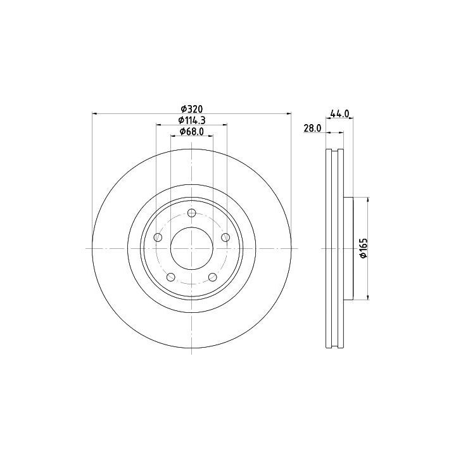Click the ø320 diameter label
click(x=191, y=109)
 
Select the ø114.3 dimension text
click(x=192, y=120)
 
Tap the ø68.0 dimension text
click(x=192, y=132)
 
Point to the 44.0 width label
click(x=339, y=113)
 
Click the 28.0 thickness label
click(x=312, y=128)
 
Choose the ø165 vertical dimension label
click(x=364, y=248)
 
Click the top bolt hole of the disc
click(x=192, y=213)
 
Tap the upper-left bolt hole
click(x=158, y=237)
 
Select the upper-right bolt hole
click(x=225, y=237)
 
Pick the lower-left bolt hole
click(x=171, y=277)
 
